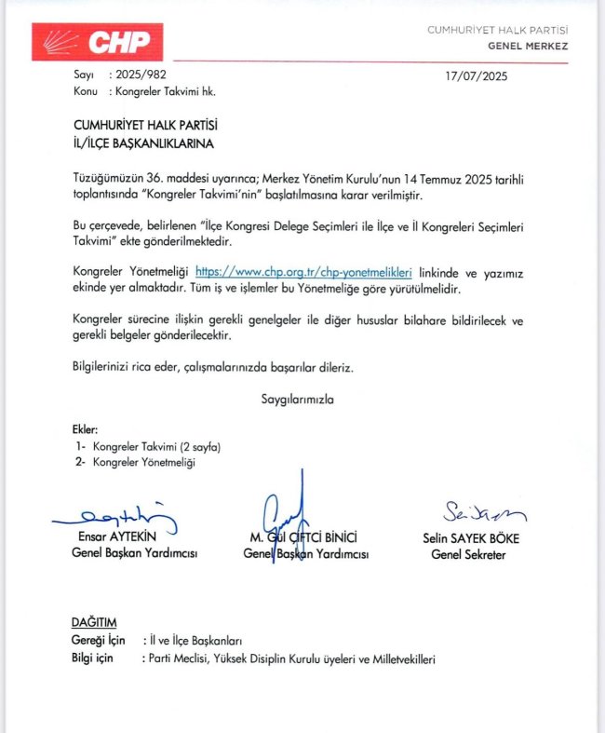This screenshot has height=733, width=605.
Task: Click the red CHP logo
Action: [98, 42]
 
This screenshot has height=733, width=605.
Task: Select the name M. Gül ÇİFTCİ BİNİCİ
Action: [305, 538]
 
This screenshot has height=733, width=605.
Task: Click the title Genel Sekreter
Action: [468, 554]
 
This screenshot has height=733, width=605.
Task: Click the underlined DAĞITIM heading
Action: [94, 621]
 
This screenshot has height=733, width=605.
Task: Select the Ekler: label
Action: [85, 429]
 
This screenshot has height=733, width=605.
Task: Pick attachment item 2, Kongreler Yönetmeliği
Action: [144, 462]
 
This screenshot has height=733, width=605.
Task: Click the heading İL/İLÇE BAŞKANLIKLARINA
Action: [143, 144]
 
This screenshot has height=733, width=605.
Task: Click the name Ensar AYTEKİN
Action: [115, 538]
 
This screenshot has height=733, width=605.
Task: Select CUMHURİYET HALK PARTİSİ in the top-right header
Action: [497, 30]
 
